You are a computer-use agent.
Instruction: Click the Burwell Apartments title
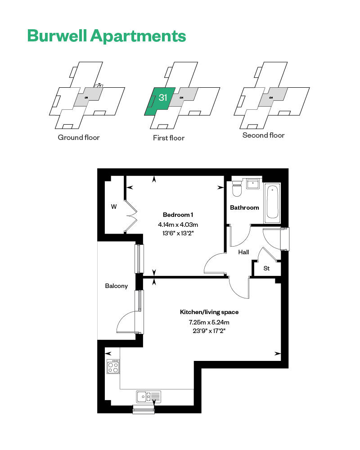107,36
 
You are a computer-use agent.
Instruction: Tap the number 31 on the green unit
163,98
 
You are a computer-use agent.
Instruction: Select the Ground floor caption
79,137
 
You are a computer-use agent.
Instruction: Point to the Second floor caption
263,135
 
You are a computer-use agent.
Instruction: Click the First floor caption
168,138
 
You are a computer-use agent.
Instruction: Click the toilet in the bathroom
237,188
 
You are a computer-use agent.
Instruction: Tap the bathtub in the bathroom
272,203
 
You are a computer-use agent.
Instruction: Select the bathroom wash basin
252,184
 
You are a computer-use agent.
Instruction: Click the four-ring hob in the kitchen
113,366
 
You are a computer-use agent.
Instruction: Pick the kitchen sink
148,396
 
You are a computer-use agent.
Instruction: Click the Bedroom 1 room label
178,215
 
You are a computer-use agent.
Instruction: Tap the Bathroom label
244,207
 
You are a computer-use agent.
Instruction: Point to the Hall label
243,252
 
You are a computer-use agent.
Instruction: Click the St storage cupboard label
266,268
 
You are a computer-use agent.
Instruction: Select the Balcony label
116,286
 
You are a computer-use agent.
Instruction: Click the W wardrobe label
114,207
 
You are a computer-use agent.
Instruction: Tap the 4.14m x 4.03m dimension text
178,225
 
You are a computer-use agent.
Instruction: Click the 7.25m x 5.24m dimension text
209,322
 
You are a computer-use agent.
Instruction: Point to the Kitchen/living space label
209,312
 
